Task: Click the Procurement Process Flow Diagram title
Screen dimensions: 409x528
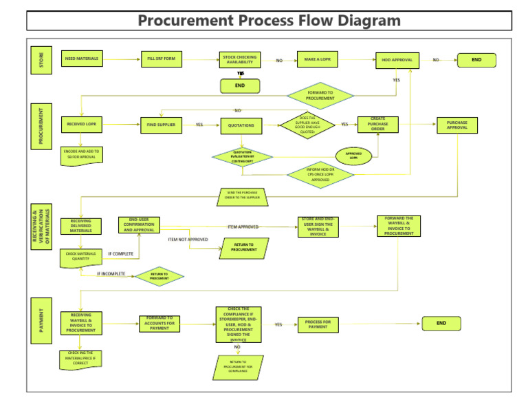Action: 269,21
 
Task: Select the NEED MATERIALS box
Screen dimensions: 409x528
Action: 82,59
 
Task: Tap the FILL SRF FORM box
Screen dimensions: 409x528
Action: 161,59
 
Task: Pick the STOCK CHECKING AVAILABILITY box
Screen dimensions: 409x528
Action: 240,60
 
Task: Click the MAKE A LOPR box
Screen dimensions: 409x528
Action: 318,60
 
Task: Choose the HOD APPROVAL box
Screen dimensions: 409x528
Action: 397,60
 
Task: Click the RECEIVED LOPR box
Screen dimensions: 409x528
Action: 82,125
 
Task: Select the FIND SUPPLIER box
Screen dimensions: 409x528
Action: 161,125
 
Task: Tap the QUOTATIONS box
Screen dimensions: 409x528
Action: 241,125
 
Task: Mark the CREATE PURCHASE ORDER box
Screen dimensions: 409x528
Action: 378,125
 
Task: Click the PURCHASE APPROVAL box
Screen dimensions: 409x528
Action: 456,125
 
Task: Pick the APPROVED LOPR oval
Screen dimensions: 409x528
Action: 353,156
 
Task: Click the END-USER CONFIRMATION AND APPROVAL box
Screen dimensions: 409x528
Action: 139,225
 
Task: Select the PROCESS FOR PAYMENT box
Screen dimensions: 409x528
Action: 318,324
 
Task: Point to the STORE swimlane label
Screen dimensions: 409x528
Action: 41,59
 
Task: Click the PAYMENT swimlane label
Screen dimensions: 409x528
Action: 41,320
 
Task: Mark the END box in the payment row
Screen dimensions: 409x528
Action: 441,323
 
